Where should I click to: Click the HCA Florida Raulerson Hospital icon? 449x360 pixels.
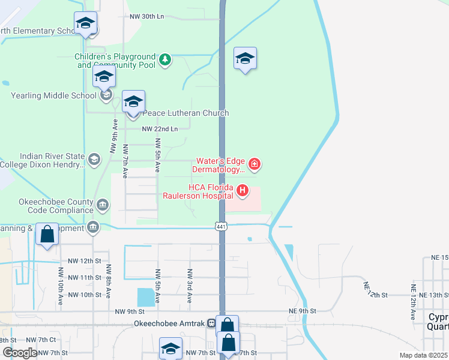click(243, 191)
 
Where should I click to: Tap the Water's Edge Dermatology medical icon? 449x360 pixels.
click(255, 163)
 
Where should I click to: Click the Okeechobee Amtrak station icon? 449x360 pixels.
click(211, 323)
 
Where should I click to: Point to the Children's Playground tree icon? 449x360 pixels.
click(164, 60)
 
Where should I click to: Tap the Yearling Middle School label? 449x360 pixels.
click(53, 95)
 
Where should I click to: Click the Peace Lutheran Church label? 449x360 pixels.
click(184, 113)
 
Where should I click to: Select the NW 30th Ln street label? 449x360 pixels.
click(146, 17)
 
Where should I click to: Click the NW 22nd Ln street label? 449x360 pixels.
click(160, 129)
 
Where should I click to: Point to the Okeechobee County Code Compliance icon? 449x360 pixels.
click(103, 206)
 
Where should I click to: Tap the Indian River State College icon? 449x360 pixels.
click(94, 159)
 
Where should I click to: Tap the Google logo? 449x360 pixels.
click(20, 352)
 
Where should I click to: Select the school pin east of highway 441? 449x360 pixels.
click(245, 59)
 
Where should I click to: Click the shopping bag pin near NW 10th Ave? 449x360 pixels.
click(47, 235)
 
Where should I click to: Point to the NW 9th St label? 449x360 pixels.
click(129, 311)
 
